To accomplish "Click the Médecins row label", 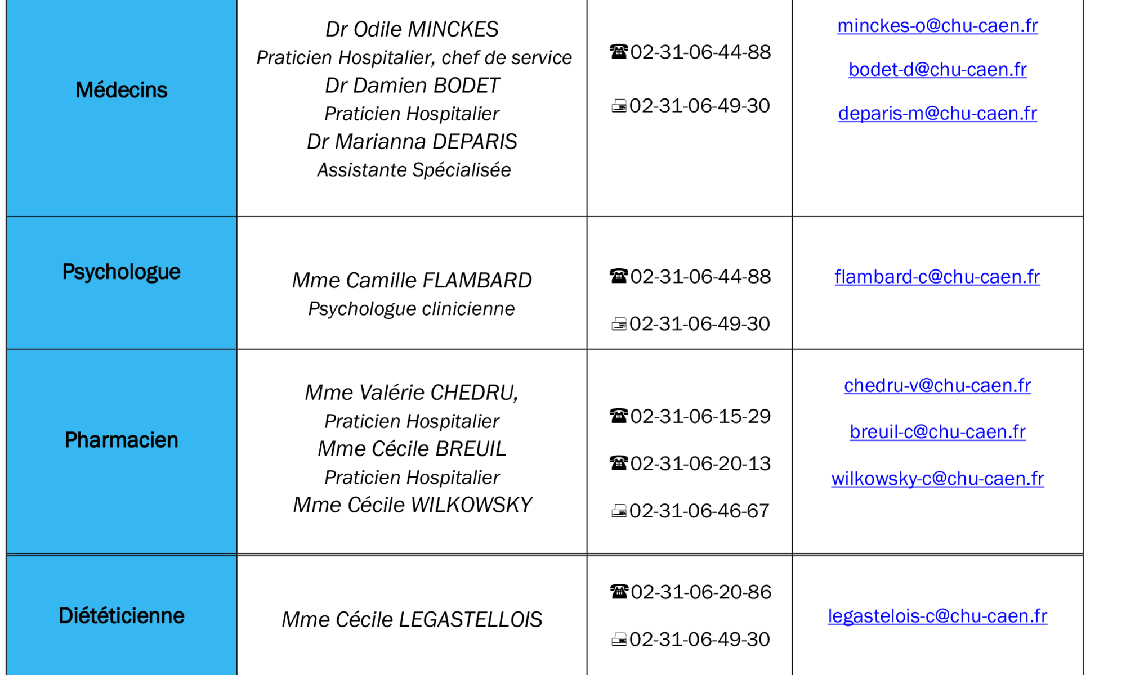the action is click(122, 90).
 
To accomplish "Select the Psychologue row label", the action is click(122, 272).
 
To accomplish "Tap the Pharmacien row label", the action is click(122, 440).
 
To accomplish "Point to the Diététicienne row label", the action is click(122, 616).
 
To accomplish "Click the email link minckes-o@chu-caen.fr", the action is click(937, 26).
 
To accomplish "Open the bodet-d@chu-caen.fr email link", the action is click(937, 70).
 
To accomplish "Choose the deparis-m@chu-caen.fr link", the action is click(937, 114).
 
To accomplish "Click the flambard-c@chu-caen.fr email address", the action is click(937, 277).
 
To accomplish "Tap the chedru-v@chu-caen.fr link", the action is click(937, 386).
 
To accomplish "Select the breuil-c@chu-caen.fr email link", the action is click(937, 432).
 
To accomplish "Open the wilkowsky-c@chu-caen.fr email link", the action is click(937, 479).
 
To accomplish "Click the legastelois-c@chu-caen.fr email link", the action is click(937, 616).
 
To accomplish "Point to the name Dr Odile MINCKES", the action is click(412, 29).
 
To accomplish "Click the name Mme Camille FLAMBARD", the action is click(412, 280).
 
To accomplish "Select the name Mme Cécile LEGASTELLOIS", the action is click(412, 620).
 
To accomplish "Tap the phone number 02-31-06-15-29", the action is click(700, 416).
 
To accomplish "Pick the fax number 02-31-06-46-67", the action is click(699, 511).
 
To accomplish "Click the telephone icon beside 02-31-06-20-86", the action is click(619, 592).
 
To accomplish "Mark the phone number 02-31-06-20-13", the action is click(700, 463).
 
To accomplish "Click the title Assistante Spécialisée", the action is click(414, 170).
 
